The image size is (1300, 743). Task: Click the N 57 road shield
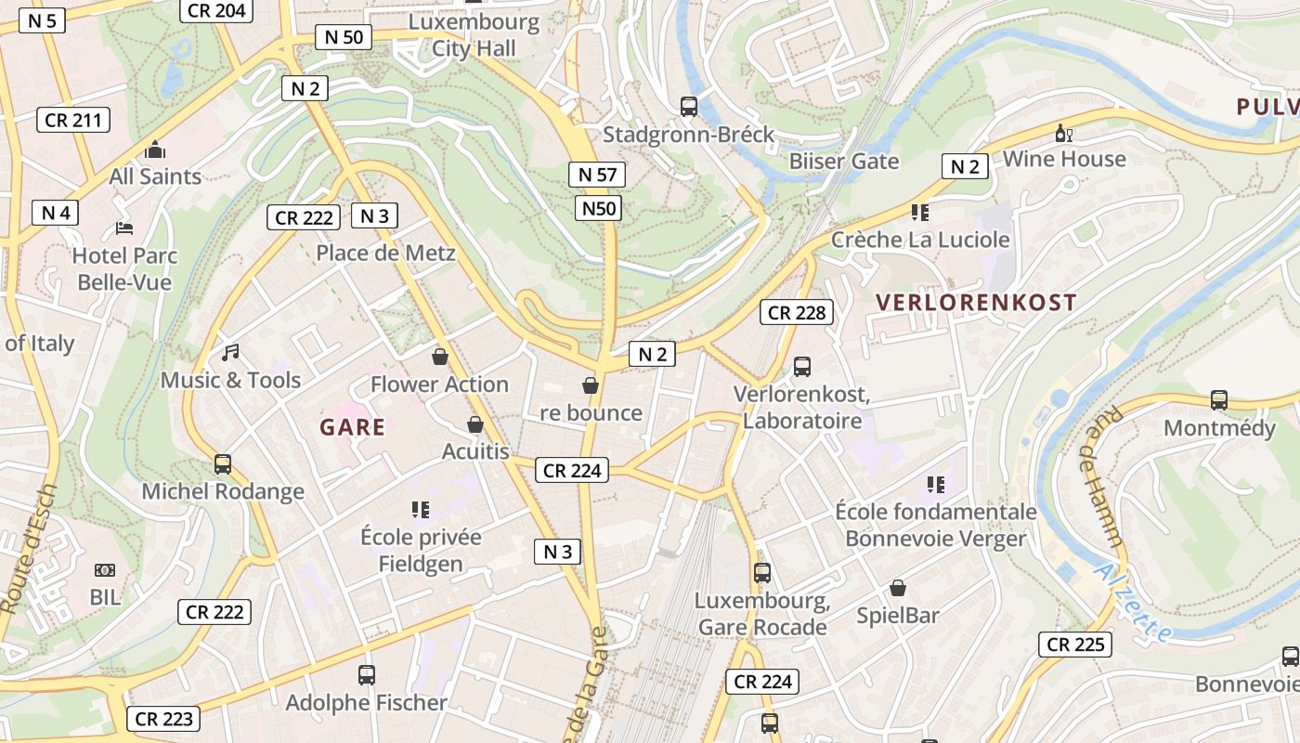point(597,175)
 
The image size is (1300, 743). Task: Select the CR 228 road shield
point(797,313)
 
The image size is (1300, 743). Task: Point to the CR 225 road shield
point(1074,645)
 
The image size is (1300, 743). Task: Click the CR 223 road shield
point(163,719)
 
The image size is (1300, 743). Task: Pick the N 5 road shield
point(42,20)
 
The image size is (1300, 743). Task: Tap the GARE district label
point(352,427)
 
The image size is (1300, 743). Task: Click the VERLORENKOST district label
point(976,302)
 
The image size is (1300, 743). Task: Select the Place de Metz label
point(385,253)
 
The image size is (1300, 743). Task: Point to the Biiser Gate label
point(844,161)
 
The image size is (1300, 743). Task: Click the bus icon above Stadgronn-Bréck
point(689,107)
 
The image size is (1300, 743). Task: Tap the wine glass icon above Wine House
point(1063,135)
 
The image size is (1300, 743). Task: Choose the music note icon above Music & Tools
point(230,353)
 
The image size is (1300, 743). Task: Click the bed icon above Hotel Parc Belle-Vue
point(124,228)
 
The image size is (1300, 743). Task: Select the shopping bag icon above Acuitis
point(475,425)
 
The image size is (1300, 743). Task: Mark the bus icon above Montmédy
point(1219,400)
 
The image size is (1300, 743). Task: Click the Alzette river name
point(1132,604)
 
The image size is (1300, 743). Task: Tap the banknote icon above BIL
point(105,569)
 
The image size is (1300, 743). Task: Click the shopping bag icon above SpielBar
point(898,588)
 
